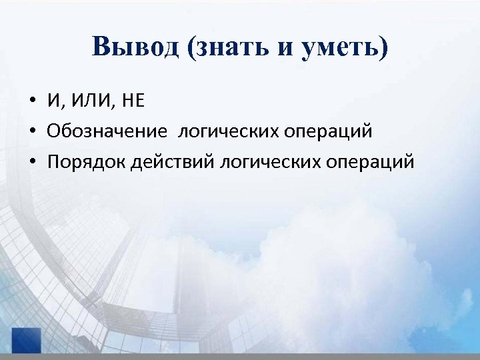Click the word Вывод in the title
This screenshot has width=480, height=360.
coord(136,48)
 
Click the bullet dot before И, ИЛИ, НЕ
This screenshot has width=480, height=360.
coord(31,102)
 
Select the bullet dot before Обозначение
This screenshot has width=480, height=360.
coord(31,132)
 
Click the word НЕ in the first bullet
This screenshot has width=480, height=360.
coord(132,101)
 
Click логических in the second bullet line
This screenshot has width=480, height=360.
coord(225,131)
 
